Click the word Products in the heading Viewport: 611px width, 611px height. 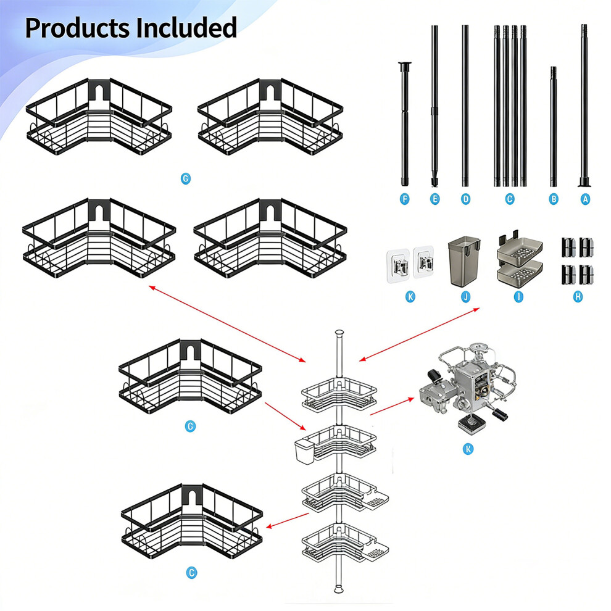coord(77,27)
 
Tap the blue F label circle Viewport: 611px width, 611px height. coord(404,199)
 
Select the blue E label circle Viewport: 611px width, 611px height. coord(435,199)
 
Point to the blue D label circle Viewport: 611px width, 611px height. coord(465,199)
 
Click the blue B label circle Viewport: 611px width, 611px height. coord(554,199)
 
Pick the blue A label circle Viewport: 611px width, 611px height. coord(585,199)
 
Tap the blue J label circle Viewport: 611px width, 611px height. coord(465,297)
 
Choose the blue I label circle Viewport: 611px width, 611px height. coord(518,297)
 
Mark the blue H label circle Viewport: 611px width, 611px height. coord(578,297)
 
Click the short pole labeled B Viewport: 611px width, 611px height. coord(554,127)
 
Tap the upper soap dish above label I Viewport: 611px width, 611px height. coord(520,248)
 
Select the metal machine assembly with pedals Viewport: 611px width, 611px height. coord(468,386)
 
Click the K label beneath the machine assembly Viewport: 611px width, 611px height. coord(468,449)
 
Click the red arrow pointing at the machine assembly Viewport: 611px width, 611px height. coord(392,406)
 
